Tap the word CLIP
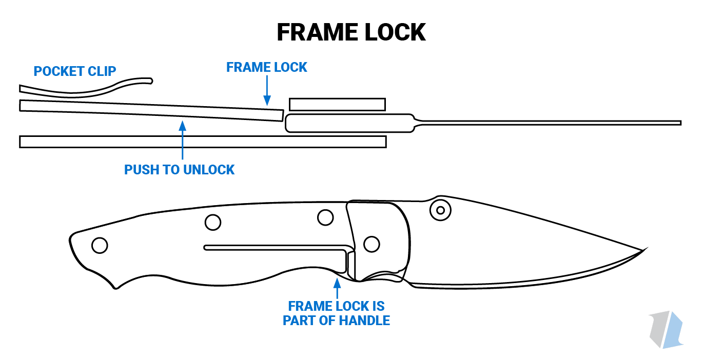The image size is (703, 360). (103, 71)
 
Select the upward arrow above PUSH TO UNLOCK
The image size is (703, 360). (182, 138)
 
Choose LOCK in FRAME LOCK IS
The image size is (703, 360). (353, 307)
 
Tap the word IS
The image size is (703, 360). (379, 307)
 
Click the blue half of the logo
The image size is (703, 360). (674, 329)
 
